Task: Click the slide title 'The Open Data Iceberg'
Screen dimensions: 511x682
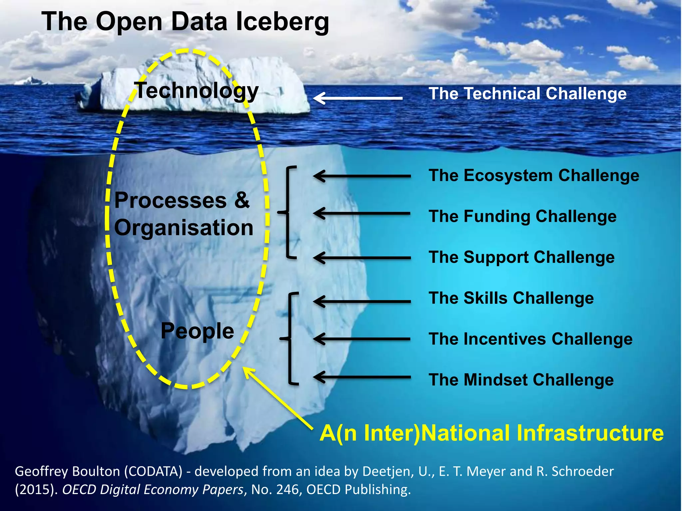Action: (185, 22)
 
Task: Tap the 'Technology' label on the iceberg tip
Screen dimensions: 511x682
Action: (197, 90)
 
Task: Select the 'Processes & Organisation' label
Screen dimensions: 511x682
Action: (183, 214)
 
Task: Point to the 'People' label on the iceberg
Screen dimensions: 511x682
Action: (197, 331)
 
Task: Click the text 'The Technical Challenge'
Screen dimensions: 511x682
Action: (527, 94)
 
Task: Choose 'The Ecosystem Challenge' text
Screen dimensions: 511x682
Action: (534, 176)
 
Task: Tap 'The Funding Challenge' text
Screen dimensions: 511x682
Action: (522, 217)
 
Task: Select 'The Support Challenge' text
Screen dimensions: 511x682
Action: (521, 257)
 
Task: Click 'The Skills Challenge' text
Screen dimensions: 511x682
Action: (511, 298)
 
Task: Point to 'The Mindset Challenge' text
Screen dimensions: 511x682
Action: (521, 380)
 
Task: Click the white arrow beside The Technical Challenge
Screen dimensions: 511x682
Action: (358, 98)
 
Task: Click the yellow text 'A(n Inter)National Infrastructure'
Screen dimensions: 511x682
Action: (492, 433)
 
